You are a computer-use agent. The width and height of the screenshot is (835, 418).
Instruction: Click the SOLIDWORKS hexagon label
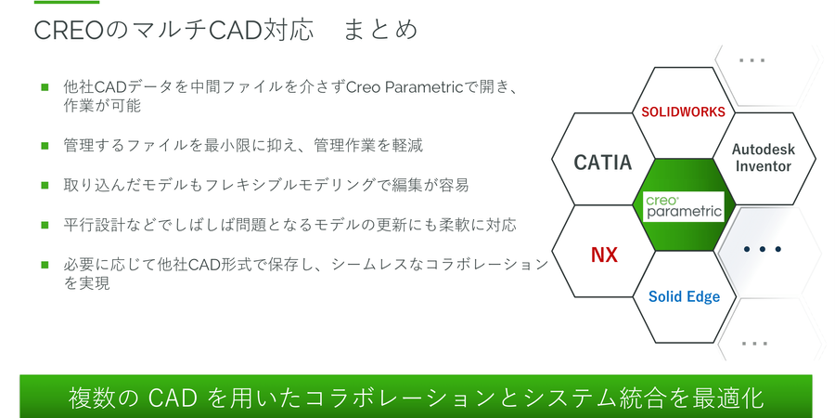(x=683, y=112)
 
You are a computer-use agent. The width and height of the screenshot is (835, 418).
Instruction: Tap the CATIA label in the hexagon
(x=603, y=162)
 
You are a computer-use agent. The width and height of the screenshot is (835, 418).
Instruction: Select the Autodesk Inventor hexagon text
(x=764, y=158)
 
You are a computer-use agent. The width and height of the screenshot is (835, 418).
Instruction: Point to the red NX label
(x=604, y=255)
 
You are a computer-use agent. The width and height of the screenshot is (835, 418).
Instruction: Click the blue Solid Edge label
(x=685, y=296)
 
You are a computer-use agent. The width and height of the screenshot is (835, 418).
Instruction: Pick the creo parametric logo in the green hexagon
(x=684, y=206)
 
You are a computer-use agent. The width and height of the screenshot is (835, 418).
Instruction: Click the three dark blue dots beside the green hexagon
(x=763, y=249)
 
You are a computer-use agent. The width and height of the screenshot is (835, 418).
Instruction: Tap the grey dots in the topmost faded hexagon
(x=752, y=60)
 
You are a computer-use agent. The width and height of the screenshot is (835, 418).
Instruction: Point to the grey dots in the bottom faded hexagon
(x=754, y=344)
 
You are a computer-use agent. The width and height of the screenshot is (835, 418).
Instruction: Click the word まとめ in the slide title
(x=380, y=30)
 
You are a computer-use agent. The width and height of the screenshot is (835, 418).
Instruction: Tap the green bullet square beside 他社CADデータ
(x=45, y=86)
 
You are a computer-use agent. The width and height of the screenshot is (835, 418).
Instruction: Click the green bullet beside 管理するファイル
(x=45, y=145)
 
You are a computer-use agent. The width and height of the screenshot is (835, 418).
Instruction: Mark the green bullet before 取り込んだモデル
(x=45, y=185)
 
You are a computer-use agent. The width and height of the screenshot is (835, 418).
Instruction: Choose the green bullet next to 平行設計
(x=45, y=225)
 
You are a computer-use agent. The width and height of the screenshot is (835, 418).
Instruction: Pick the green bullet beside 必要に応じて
(x=45, y=265)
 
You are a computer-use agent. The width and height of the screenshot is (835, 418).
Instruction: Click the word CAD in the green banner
(x=169, y=398)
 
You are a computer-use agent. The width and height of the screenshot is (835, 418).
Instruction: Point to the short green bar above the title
(x=67, y=2)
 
